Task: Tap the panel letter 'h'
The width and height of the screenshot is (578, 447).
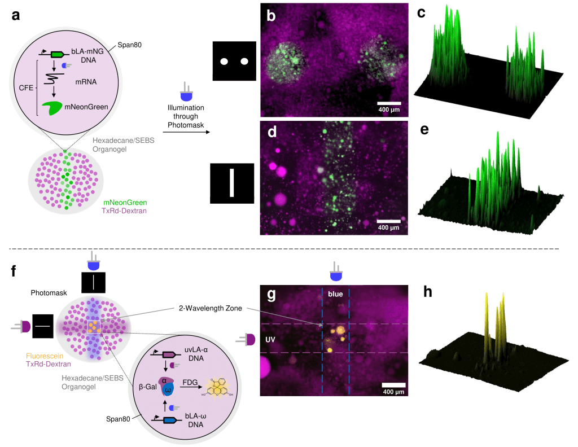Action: coord(428,292)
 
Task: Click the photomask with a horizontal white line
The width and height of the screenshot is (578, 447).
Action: coord(42,326)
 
